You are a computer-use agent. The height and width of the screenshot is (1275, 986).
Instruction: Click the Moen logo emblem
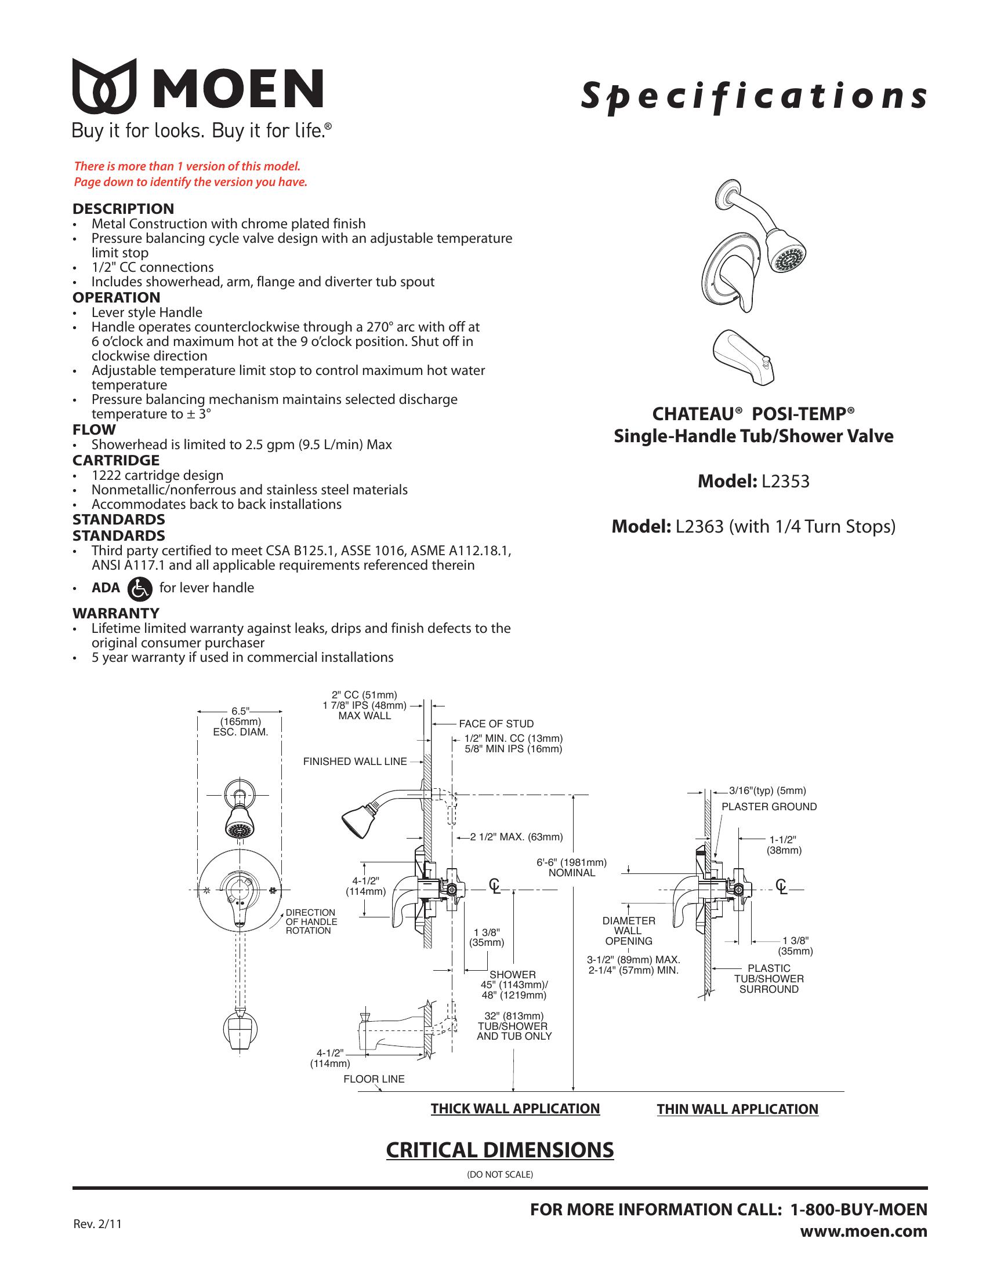[104, 86]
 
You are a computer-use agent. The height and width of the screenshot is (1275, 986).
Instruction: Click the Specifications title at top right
[753, 96]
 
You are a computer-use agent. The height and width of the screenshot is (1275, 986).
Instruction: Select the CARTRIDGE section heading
[115, 460]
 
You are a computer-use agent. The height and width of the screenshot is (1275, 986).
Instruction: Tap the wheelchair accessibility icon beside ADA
[140, 588]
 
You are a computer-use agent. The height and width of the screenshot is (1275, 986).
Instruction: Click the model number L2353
[785, 482]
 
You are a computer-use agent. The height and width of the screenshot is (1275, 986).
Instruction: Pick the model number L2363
[699, 527]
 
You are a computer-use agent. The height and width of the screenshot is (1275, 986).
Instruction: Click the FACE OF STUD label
[496, 724]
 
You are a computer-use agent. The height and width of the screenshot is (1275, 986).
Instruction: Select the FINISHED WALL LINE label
[354, 762]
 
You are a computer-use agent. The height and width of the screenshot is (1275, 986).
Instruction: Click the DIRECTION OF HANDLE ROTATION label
[311, 921]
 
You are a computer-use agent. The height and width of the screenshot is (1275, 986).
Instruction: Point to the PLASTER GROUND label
[768, 807]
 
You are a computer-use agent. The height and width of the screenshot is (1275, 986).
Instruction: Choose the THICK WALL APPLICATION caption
[515, 1109]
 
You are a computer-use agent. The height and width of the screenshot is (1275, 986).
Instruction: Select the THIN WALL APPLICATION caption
[737, 1109]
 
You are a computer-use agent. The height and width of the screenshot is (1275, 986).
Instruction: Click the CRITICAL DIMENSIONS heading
[499, 1150]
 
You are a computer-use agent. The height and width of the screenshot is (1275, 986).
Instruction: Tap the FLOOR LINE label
[374, 1079]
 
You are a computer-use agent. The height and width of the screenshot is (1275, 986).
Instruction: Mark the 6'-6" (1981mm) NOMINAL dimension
[571, 868]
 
